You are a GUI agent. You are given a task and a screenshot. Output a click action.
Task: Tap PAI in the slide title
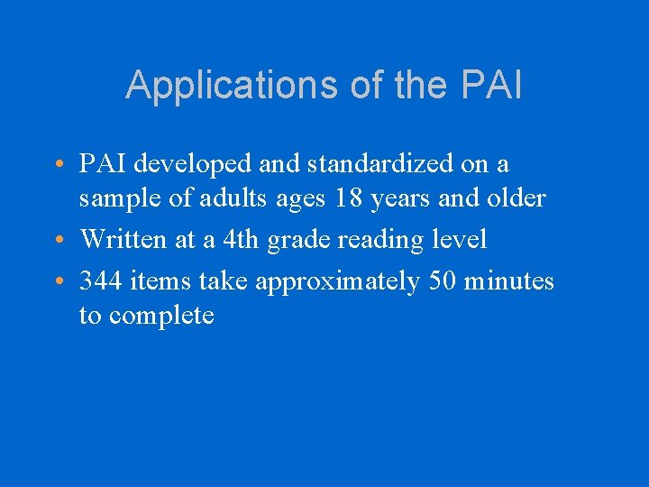(x=491, y=86)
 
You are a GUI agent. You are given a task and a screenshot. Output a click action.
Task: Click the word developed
(x=191, y=164)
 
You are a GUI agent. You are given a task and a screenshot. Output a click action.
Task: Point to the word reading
(x=376, y=240)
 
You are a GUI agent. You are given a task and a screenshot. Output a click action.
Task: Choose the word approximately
(x=337, y=282)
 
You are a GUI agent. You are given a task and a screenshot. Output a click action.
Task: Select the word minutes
(x=512, y=281)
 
